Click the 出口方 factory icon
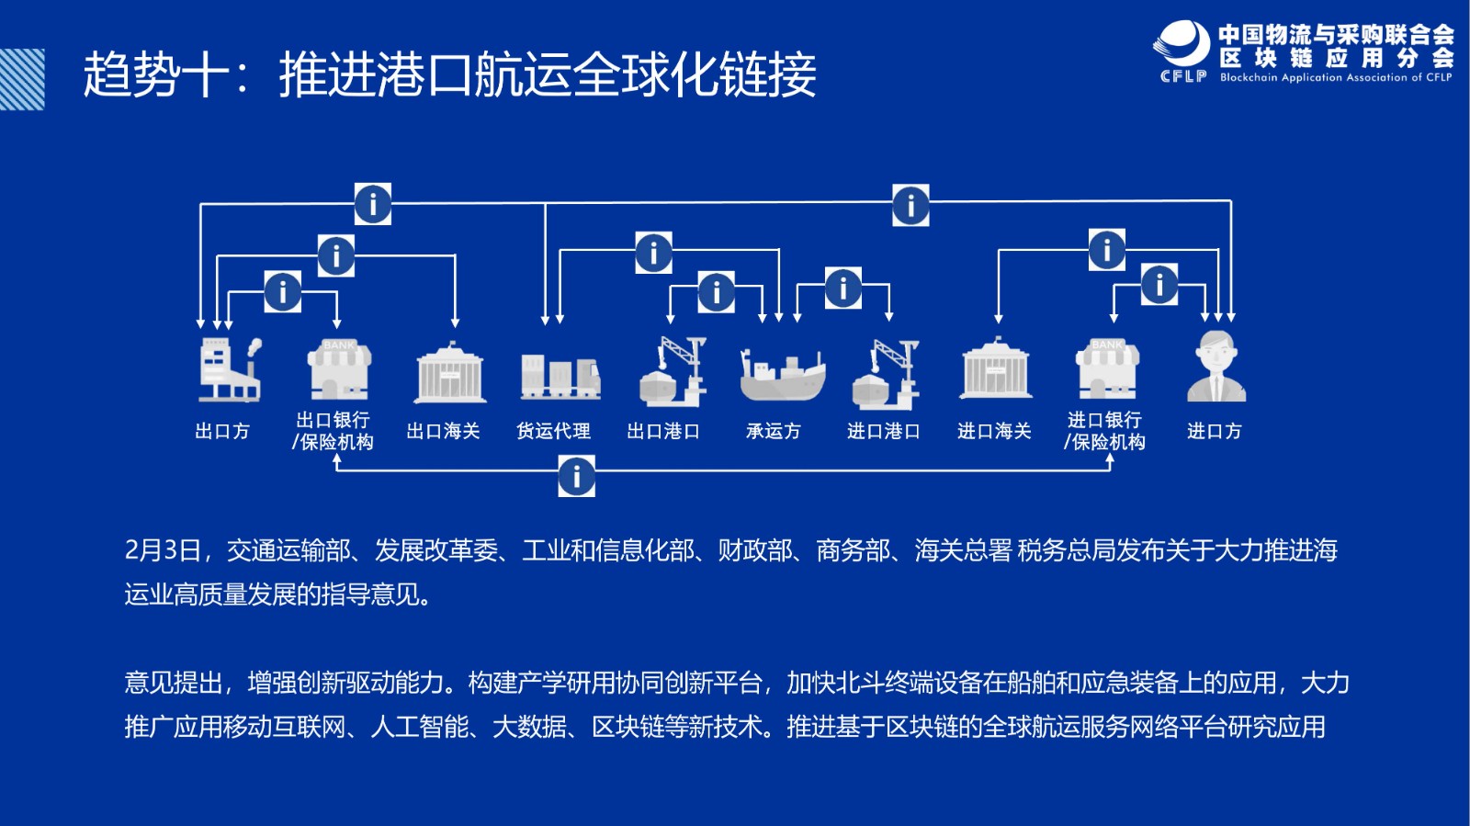[x=231, y=369]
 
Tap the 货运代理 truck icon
[x=560, y=377]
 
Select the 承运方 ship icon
[x=782, y=375]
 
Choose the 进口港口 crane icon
[x=886, y=373]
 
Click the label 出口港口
[x=662, y=431]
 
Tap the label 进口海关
[x=994, y=431]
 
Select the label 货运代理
[x=553, y=431]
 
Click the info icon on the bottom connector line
[x=577, y=476]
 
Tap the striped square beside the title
[x=22, y=79]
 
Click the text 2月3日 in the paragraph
[x=163, y=550]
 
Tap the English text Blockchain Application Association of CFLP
[x=1336, y=77]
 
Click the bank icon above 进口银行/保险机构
[x=1107, y=369]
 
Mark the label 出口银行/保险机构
[x=334, y=431]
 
